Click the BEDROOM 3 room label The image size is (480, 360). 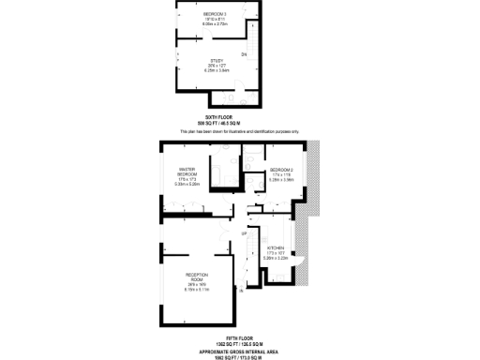[x=216, y=14]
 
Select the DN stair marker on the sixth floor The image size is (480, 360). [x=244, y=55]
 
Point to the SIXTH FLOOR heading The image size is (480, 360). [x=217, y=117]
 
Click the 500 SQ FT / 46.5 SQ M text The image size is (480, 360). [x=217, y=124]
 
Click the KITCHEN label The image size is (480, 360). [x=276, y=247]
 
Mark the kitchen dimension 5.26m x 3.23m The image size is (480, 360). [x=276, y=258]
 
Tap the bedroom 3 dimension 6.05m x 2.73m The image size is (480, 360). [x=216, y=25]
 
